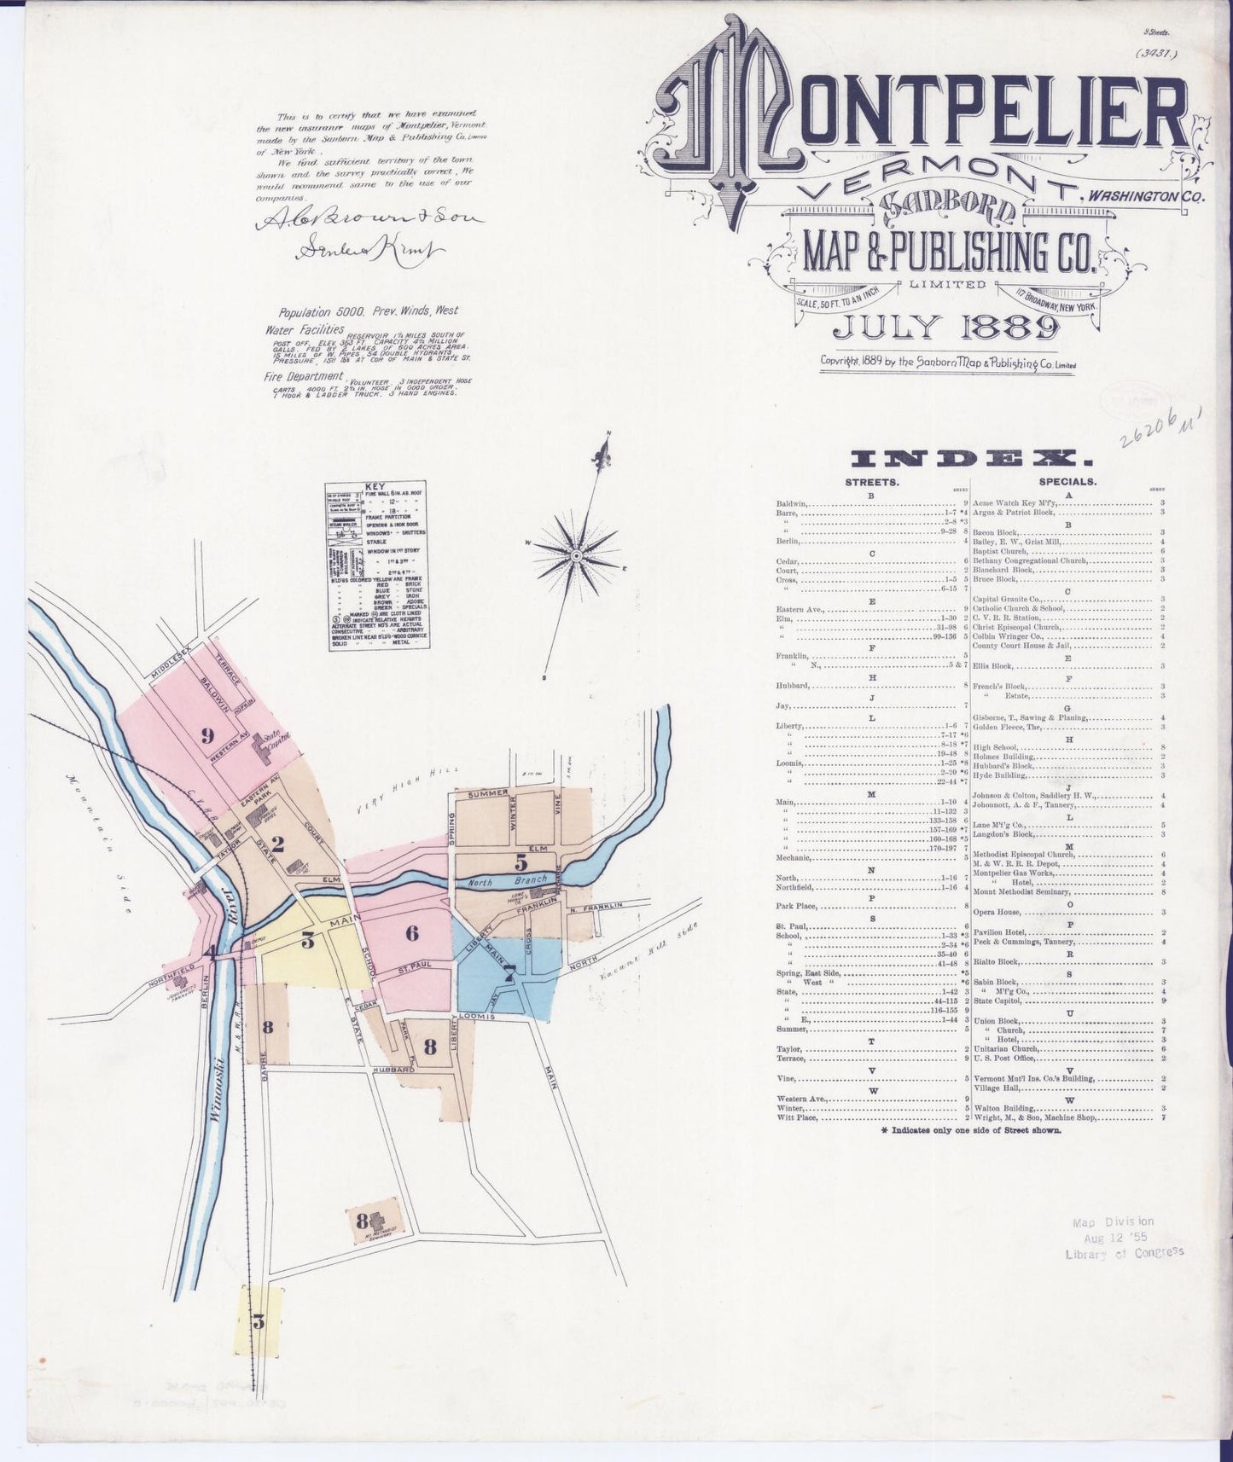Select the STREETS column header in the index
(x=870, y=481)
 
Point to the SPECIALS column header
(x=1067, y=481)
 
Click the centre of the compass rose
(x=576, y=555)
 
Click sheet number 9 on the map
(x=206, y=736)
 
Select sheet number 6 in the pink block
(x=412, y=932)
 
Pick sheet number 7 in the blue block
(x=509, y=972)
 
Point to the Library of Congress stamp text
(x=1125, y=1252)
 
